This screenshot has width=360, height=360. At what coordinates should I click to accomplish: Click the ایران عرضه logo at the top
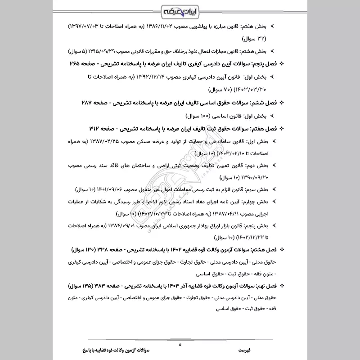(180, 10)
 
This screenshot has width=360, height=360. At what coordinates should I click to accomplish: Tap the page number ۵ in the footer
(180, 345)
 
